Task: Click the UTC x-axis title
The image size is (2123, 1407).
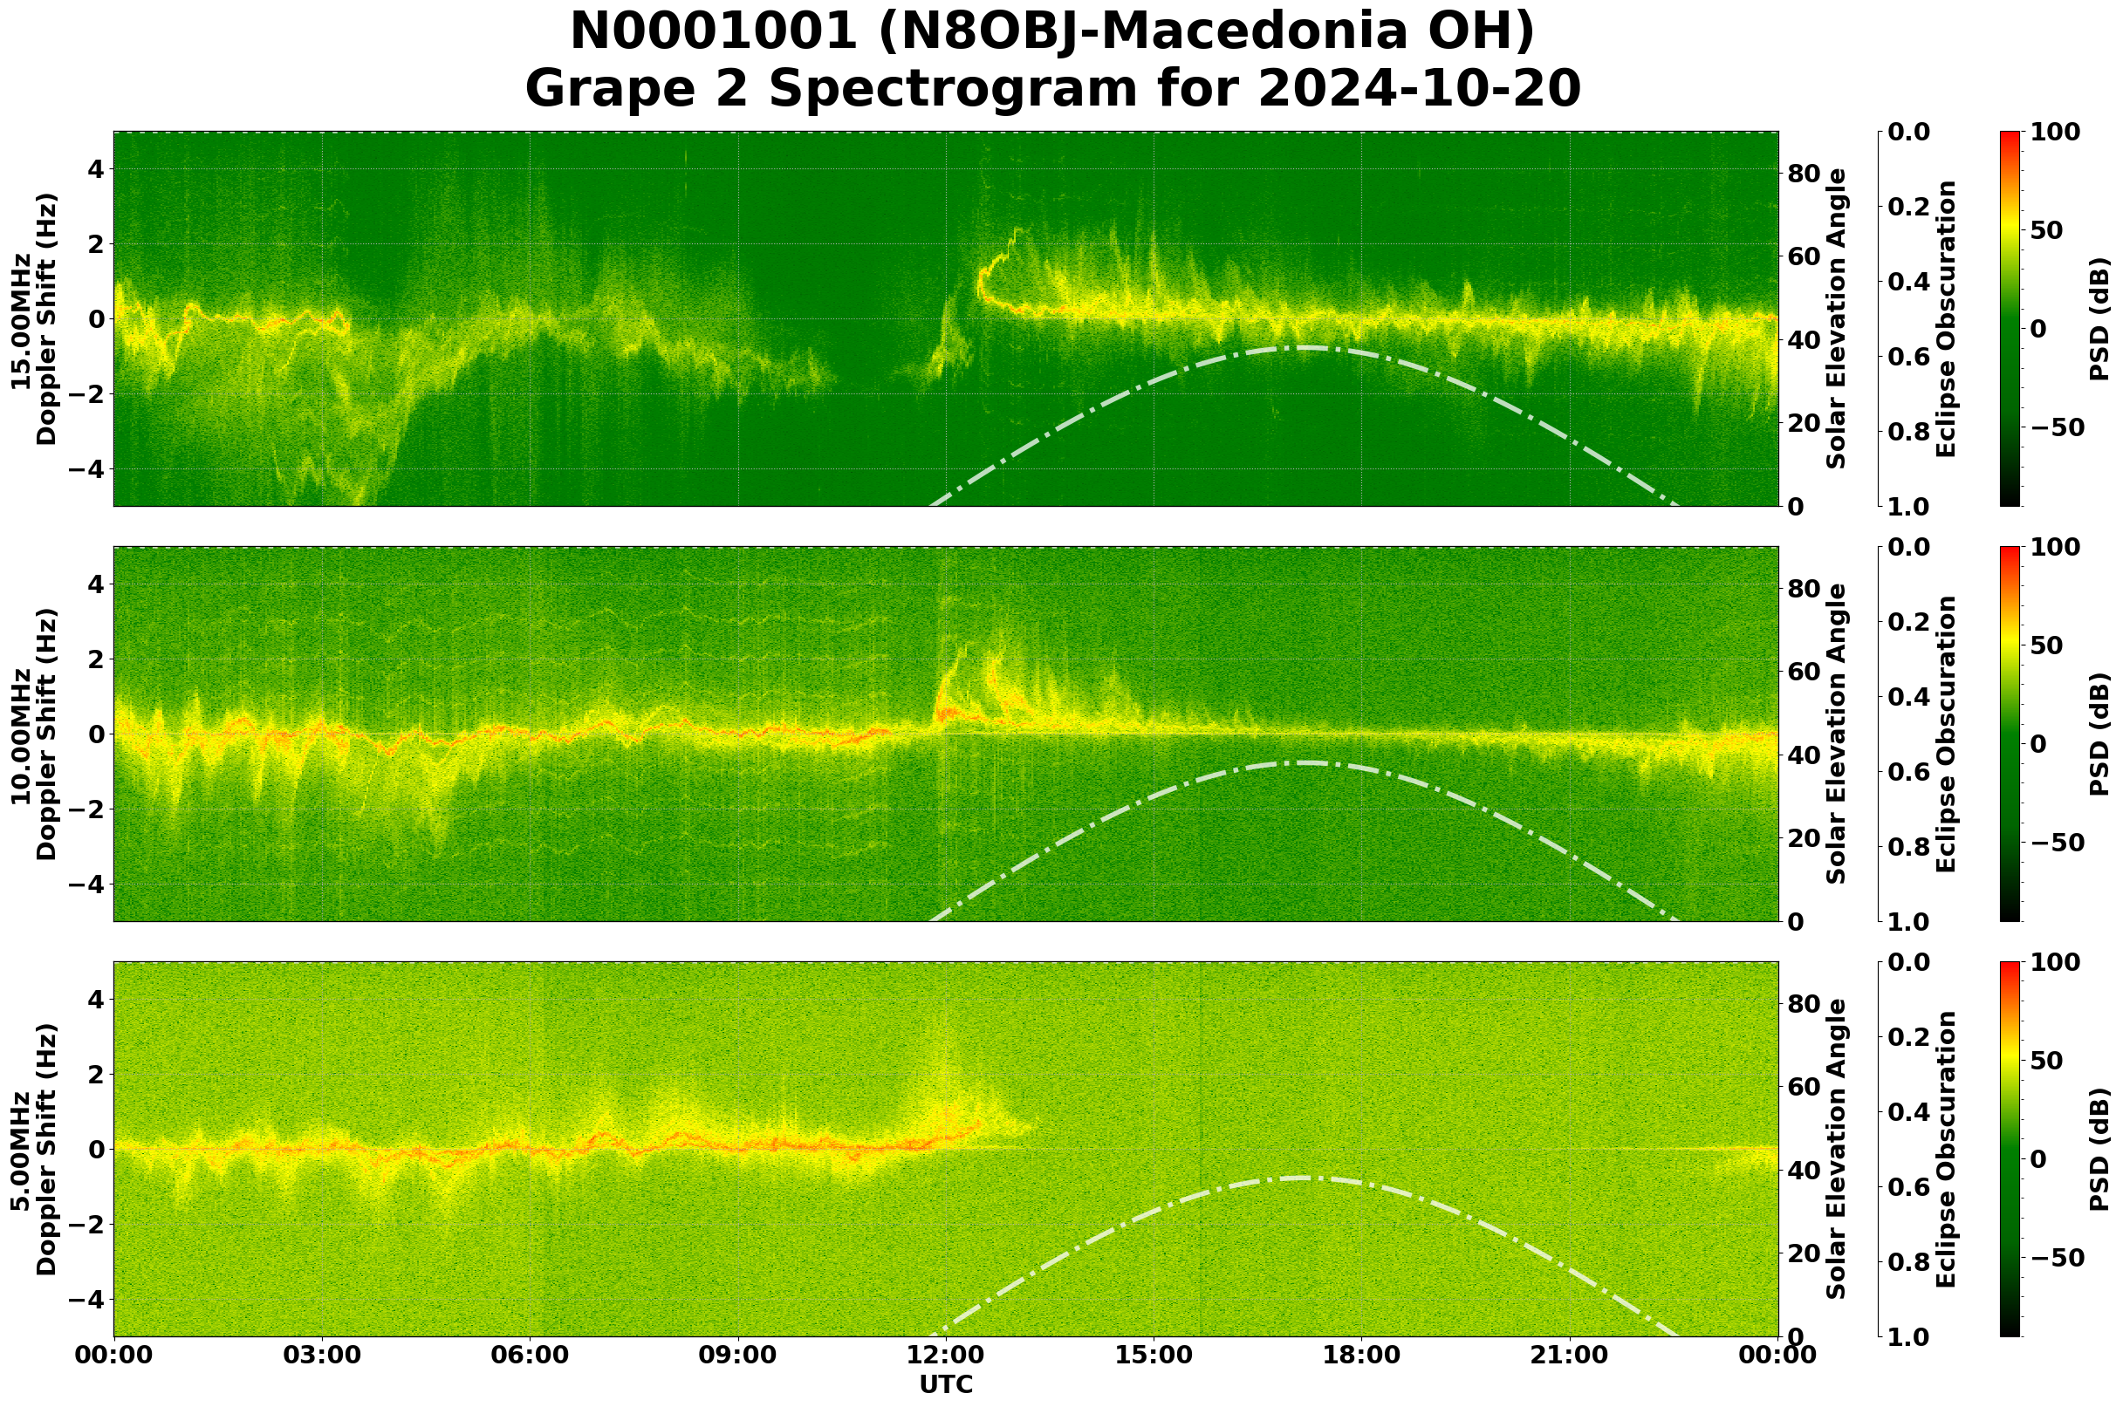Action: click(946, 1384)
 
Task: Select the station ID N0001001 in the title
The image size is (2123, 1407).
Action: click(714, 32)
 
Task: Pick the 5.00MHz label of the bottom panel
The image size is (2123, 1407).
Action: click(21, 1150)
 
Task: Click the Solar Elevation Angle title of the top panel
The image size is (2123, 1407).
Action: click(1837, 318)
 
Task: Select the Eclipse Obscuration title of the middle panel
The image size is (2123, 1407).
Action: click(1945, 734)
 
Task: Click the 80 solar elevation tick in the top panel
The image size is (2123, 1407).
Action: click(1805, 174)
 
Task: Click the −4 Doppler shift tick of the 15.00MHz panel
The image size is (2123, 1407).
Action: click(87, 469)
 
